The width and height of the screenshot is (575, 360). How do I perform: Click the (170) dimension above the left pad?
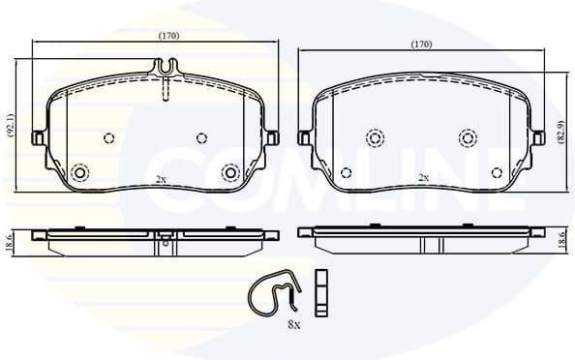(168, 36)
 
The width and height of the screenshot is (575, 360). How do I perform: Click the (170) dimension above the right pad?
(421, 45)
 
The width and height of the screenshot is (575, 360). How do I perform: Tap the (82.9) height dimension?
(560, 131)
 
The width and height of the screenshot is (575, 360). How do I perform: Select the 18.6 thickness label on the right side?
(560, 241)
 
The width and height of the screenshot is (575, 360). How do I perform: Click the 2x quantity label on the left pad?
(161, 179)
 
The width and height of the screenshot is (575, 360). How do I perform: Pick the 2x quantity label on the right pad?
(422, 178)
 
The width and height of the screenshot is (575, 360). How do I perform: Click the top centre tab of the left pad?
(166, 69)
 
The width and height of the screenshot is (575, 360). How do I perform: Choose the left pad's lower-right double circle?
(230, 173)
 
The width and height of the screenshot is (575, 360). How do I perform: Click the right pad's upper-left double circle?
(372, 138)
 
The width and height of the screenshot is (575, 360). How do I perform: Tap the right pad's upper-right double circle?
(468, 138)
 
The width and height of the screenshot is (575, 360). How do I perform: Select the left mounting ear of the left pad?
(40, 136)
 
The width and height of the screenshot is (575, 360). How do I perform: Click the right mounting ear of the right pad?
(535, 138)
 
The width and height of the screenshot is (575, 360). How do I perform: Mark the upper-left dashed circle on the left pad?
(108, 136)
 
